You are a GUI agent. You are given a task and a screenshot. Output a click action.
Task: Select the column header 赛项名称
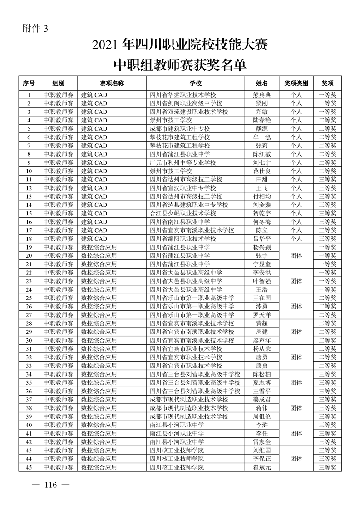[112, 83]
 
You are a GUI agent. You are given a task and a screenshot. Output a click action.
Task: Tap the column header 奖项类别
[296, 83]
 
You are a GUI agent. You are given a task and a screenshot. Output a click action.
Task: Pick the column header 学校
[196, 83]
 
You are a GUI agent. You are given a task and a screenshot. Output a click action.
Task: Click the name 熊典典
[262, 95]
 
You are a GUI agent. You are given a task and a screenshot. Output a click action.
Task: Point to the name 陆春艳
[262, 120]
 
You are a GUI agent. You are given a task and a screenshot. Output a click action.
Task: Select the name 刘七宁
[262, 162]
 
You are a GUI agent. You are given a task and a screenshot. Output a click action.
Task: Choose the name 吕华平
[262, 239]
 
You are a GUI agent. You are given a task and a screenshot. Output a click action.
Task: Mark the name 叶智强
[262, 281]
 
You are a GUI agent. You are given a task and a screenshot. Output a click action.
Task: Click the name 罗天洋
[262, 315]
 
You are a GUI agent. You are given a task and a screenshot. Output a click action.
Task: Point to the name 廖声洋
[262, 340]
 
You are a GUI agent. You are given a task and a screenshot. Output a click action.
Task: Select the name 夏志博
[262, 382]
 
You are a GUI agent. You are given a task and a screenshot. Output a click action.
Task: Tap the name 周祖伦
[262, 416]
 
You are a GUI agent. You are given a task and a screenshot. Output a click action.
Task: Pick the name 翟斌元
[262, 467]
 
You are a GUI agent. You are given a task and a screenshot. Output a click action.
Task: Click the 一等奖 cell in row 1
[328, 95]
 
